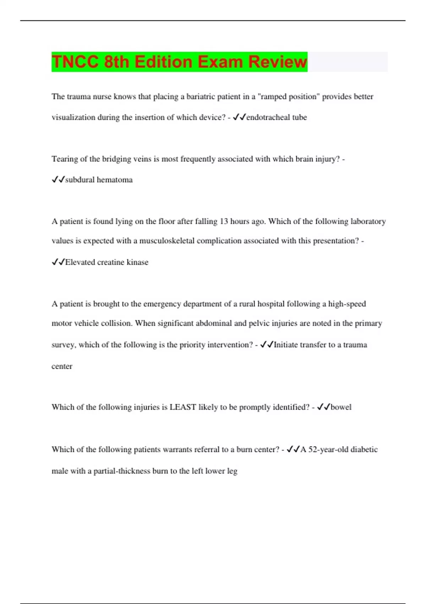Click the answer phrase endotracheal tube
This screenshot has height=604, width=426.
(276, 117)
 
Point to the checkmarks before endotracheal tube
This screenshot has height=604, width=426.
(239, 117)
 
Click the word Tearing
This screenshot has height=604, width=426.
(65, 159)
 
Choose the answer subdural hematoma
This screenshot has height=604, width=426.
(99, 180)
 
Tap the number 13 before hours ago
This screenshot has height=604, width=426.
(224, 221)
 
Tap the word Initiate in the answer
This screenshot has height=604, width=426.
(286, 345)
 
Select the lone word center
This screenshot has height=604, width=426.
(62, 366)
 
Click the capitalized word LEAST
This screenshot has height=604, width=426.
(183, 407)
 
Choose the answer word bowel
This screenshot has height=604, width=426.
(341, 407)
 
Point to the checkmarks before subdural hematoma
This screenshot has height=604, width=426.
(58, 180)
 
